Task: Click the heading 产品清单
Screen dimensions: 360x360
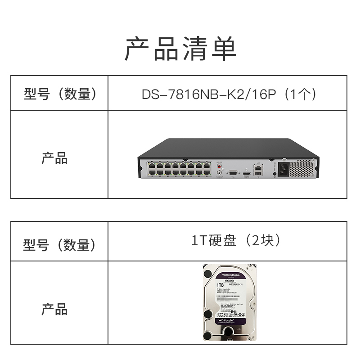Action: point(180,49)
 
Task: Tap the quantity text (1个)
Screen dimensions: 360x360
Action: point(301,94)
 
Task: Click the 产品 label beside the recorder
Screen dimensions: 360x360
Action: point(54,158)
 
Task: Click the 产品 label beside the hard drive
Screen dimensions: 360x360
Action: point(54,309)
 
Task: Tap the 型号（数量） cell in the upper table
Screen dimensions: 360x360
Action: point(60,94)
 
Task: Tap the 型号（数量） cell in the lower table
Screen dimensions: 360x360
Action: point(60,245)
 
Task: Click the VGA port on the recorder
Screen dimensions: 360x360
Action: point(233,172)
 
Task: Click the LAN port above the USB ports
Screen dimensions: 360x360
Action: point(258,166)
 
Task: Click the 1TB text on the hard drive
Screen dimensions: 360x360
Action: point(220,284)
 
